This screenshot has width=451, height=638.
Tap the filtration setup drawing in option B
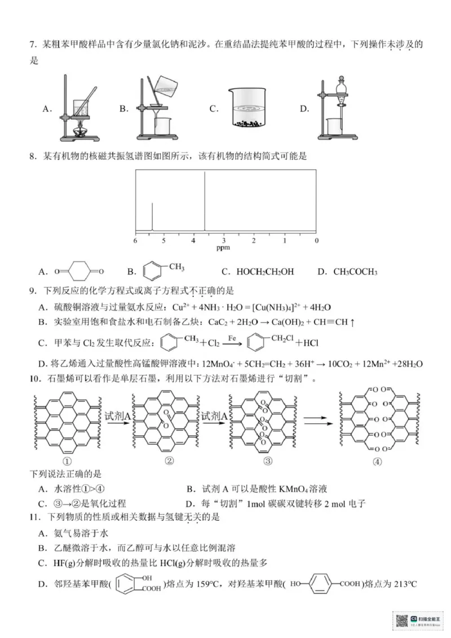pyautogui.click(x=157, y=109)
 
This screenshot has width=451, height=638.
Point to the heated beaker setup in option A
pyautogui.click(x=77, y=109)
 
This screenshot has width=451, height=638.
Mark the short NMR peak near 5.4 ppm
pyautogui.click(x=152, y=217)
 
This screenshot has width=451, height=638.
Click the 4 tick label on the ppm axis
pyautogui.click(x=193, y=241)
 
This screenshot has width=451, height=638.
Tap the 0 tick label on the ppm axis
pyautogui.click(x=316, y=241)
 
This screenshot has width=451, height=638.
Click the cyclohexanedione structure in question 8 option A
pyautogui.click(x=79, y=272)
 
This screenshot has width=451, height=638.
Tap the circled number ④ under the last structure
pyautogui.click(x=377, y=460)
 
